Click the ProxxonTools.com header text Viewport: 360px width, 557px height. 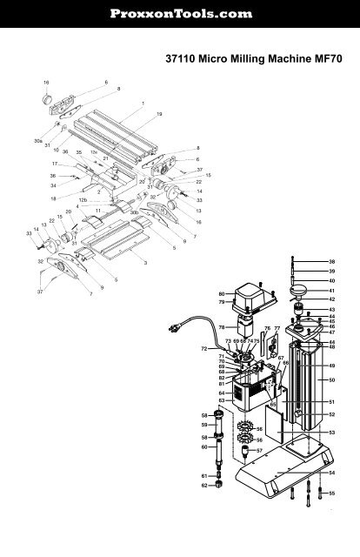[180, 14]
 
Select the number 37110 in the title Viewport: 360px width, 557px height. [182, 62]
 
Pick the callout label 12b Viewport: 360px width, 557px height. [83, 199]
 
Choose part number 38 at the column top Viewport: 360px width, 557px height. [331, 261]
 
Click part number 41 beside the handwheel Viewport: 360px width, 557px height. [331, 290]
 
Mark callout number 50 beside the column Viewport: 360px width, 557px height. [331, 380]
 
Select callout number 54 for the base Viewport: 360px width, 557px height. [331, 472]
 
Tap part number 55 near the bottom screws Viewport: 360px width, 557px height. [331, 493]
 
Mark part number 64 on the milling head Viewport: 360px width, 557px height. [222, 393]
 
